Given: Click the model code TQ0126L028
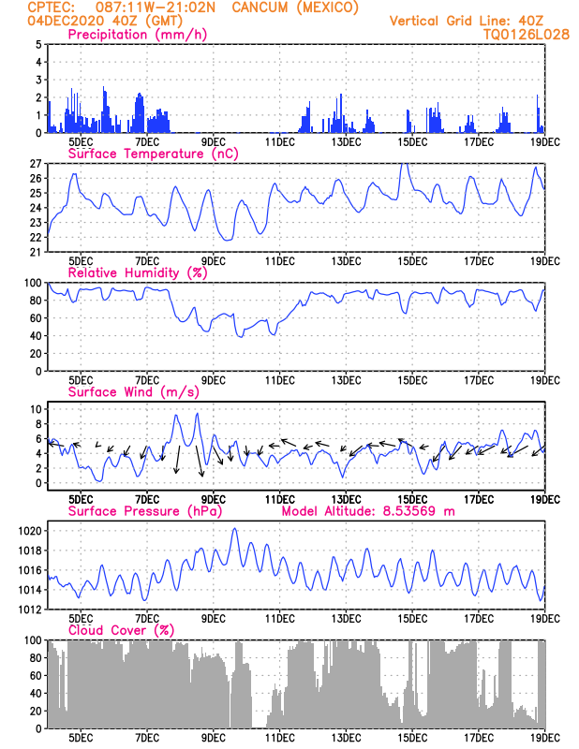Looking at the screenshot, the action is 527,35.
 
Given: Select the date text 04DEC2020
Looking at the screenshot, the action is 66,21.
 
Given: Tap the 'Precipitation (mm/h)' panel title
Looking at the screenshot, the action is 137,35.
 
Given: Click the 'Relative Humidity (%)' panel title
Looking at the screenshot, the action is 137,272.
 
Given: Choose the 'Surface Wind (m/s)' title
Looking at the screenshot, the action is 133,392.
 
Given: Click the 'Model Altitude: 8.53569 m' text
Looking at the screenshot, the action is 368,511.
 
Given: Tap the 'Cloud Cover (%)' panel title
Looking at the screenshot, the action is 121,630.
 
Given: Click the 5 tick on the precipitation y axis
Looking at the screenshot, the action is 38,44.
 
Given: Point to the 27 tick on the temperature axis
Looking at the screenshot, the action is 36,163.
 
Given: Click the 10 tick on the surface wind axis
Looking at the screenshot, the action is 36,409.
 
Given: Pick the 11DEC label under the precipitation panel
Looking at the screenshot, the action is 279,142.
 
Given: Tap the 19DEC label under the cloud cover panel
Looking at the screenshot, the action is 545,738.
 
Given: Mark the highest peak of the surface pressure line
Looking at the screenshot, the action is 234,528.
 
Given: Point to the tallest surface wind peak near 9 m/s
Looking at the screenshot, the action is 197,414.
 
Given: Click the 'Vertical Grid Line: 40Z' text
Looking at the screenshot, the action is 467,21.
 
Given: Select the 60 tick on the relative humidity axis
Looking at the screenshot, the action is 36,317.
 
